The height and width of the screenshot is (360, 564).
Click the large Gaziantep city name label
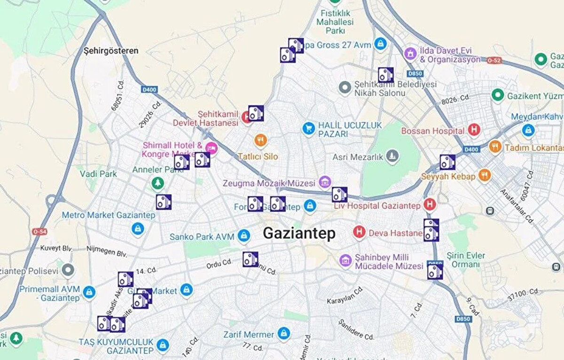299,233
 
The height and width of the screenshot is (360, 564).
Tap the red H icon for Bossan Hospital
474,130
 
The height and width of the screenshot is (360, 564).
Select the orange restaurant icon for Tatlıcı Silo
260,140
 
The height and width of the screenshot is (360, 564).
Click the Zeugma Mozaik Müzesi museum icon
324,182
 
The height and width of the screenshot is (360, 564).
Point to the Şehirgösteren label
111,50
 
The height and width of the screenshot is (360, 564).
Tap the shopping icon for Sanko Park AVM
243,236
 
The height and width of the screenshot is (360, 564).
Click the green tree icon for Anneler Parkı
157,183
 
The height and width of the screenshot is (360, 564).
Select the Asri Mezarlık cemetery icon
392,156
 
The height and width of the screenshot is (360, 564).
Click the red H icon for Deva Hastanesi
359,233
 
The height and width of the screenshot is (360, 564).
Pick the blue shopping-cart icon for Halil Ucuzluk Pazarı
308,128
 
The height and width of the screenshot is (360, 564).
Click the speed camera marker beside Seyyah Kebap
447,162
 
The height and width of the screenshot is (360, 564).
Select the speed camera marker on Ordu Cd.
250,259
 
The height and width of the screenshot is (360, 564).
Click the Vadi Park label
98,174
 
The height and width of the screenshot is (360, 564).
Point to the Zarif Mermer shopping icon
283,334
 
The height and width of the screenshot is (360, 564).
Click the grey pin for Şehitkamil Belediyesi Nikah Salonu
345,88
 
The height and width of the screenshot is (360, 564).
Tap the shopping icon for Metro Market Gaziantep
137,229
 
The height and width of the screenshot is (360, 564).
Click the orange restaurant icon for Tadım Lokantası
494,147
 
